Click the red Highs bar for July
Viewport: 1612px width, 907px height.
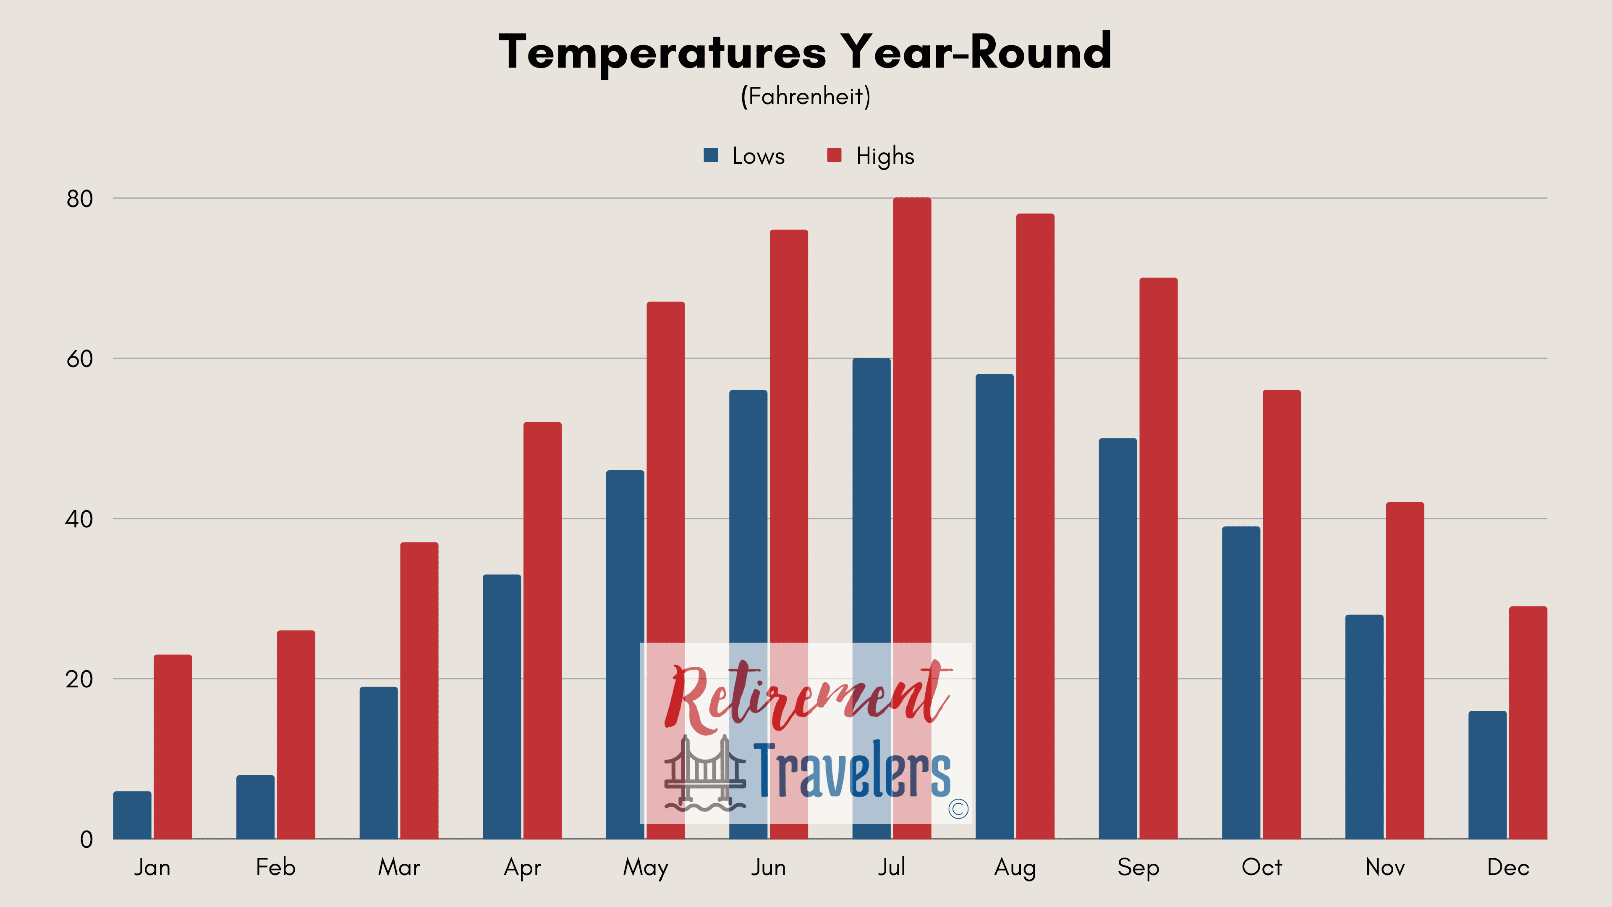pyautogui.click(x=912, y=518)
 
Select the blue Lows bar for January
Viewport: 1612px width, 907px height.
pyautogui.click(x=132, y=815)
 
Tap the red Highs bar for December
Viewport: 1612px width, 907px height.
pyautogui.click(x=1528, y=722)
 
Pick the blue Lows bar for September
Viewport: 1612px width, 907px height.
pyautogui.click(x=1117, y=638)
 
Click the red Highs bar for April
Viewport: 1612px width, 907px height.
pyautogui.click(x=542, y=630)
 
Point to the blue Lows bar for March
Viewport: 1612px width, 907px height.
pyautogui.click(x=379, y=763)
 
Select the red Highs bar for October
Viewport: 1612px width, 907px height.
pyautogui.click(x=1282, y=614)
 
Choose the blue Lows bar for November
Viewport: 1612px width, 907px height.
pyautogui.click(x=1364, y=727)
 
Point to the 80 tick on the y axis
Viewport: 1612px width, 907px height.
pyautogui.click(x=79, y=199)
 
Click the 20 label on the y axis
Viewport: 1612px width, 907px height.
pyautogui.click(x=79, y=679)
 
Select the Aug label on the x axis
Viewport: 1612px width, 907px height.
pyautogui.click(x=1015, y=868)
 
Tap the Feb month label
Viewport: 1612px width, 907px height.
pyautogui.click(x=275, y=867)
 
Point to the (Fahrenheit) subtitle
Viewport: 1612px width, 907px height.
pyautogui.click(x=806, y=97)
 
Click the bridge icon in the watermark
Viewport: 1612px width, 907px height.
pyautogui.click(x=705, y=773)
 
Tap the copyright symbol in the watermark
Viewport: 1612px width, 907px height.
pyautogui.click(x=958, y=809)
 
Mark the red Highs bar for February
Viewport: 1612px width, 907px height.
pyautogui.click(x=296, y=734)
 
